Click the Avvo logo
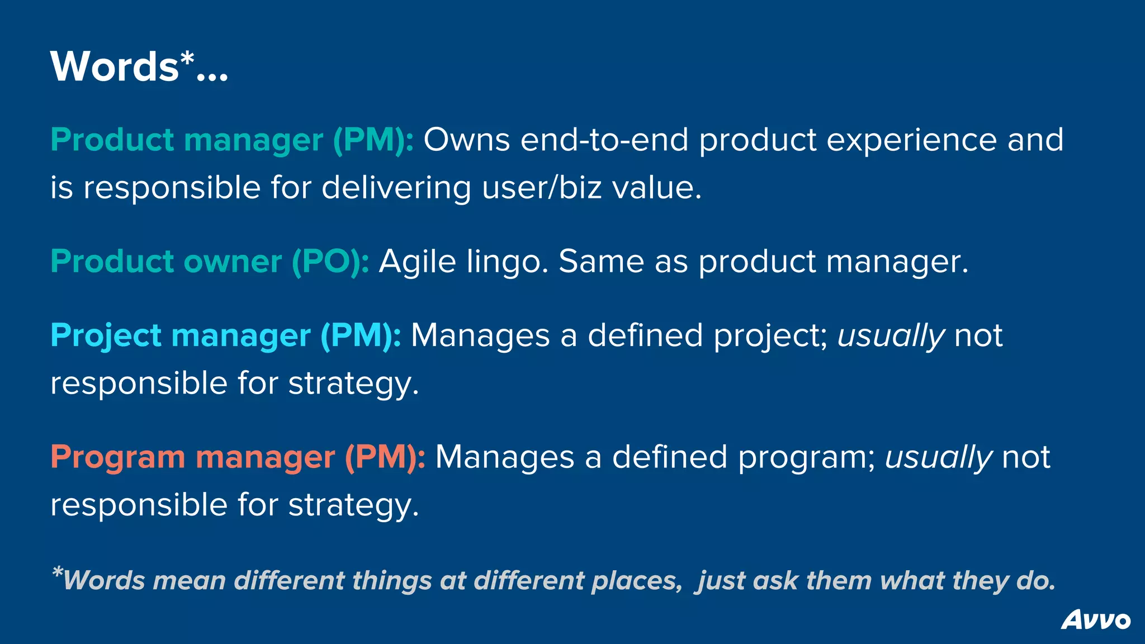tap(1095, 620)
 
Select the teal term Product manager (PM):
tap(232, 140)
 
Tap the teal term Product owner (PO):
tap(210, 262)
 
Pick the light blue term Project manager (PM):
tap(225, 335)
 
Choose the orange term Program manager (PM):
tap(238, 457)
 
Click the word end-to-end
tap(604, 140)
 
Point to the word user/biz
tap(541, 187)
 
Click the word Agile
tap(417, 262)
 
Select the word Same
tap(601, 262)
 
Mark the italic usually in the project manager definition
tap(891, 337)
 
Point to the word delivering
tap(396, 187)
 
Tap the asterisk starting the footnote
tap(57, 572)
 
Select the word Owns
tap(466, 140)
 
